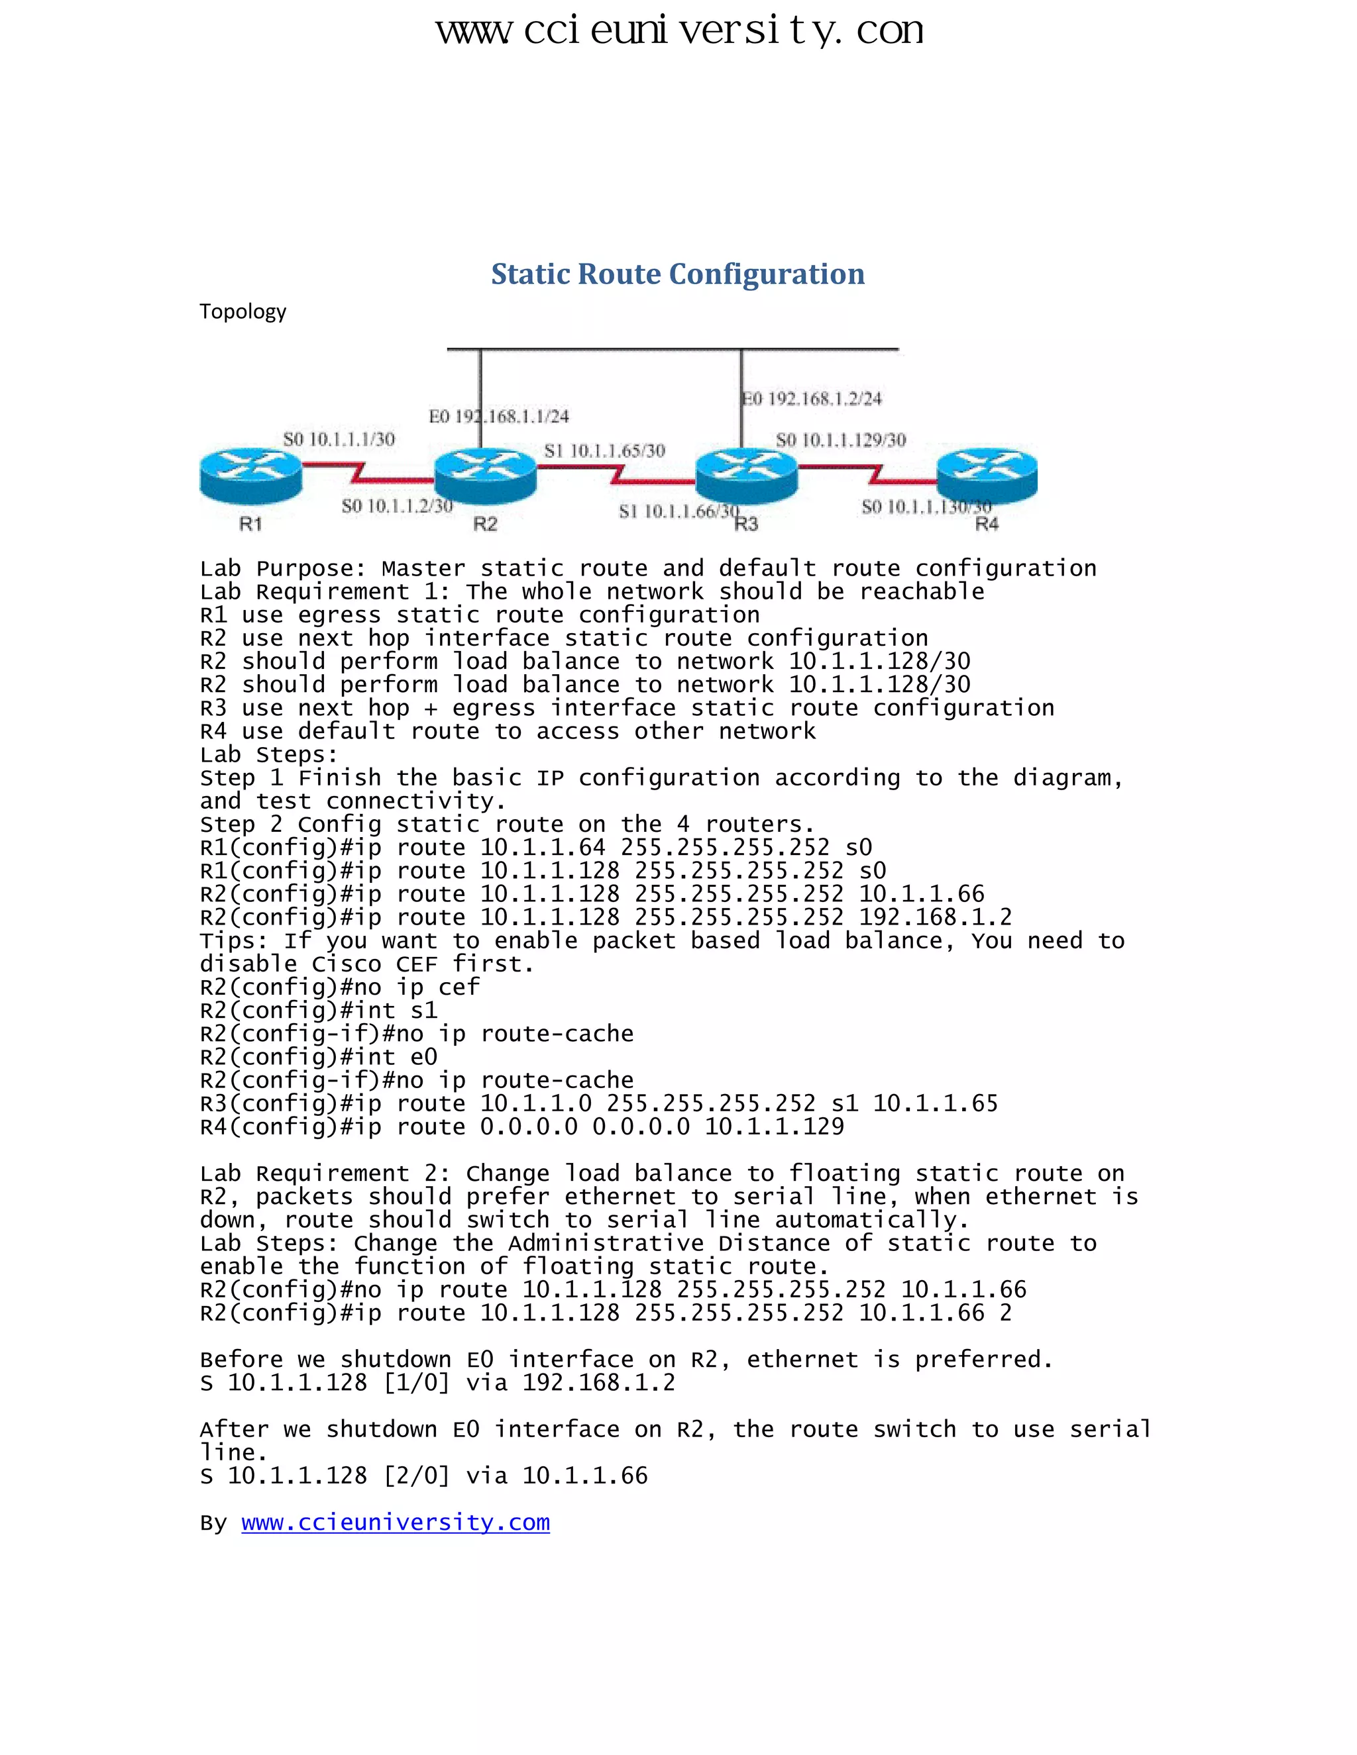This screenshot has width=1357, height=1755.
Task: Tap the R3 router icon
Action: click(746, 476)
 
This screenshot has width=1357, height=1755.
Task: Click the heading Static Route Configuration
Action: click(678, 274)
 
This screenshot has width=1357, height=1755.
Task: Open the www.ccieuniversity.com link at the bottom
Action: click(396, 1522)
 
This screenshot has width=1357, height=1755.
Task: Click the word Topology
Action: click(243, 312)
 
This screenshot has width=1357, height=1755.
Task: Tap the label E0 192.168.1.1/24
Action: click(498, 417)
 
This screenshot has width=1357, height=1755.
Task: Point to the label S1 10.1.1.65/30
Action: click(604, 451)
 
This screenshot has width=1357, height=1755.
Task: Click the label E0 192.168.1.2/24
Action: click(812, 399)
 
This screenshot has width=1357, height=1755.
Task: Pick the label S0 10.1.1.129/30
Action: click(841, 440)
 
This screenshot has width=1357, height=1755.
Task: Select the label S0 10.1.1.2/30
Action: click(397, 506)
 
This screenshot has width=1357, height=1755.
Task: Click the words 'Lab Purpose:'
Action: click(283, 569)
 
